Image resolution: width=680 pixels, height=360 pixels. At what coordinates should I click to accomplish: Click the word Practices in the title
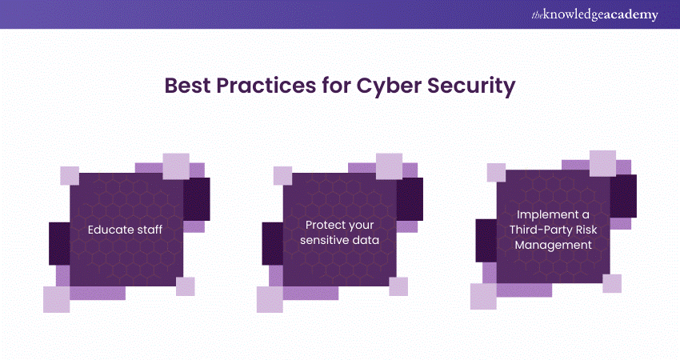pyautogui.click(x=266, y=86)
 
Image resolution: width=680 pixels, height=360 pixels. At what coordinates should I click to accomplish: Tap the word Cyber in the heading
pyautogui.click(x=389, y=86)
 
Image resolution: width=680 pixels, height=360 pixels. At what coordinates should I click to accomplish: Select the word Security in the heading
pyautogui.click(x=471, y=86)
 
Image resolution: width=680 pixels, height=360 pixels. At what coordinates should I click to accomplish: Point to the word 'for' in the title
pyautogui.click(x=336, y=86)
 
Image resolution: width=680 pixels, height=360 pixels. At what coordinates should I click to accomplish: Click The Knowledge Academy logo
pyautogui.click(x=594, y=14)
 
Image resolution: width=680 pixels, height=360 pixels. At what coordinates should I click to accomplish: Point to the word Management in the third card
pyautogui.click(x=553, y=245)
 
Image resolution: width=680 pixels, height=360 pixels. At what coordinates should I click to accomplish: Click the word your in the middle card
pyautogui.click(x=360, y=226)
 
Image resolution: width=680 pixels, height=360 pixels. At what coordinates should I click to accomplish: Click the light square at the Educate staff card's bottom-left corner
pyautogui.click(x=56, y=299)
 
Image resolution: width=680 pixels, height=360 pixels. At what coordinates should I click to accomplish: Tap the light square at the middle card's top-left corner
pyautogui.click(x=282, y=176)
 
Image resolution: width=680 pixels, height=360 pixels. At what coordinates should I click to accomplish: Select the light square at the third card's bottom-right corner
pyautogui.click(x=612, y=284)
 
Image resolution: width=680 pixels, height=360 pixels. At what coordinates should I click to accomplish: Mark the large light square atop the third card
pyautogui.click(x=603, y=163)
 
